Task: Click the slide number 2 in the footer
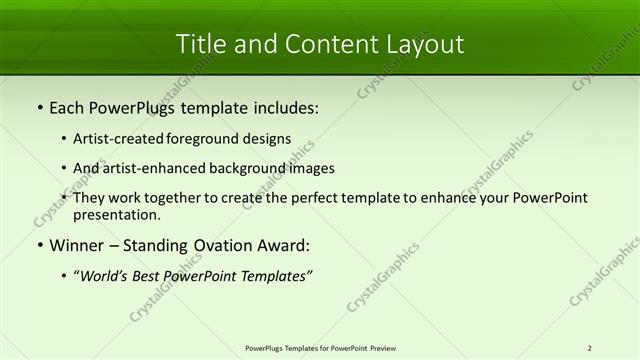click(590, 348)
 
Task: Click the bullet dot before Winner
click(39, 245)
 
